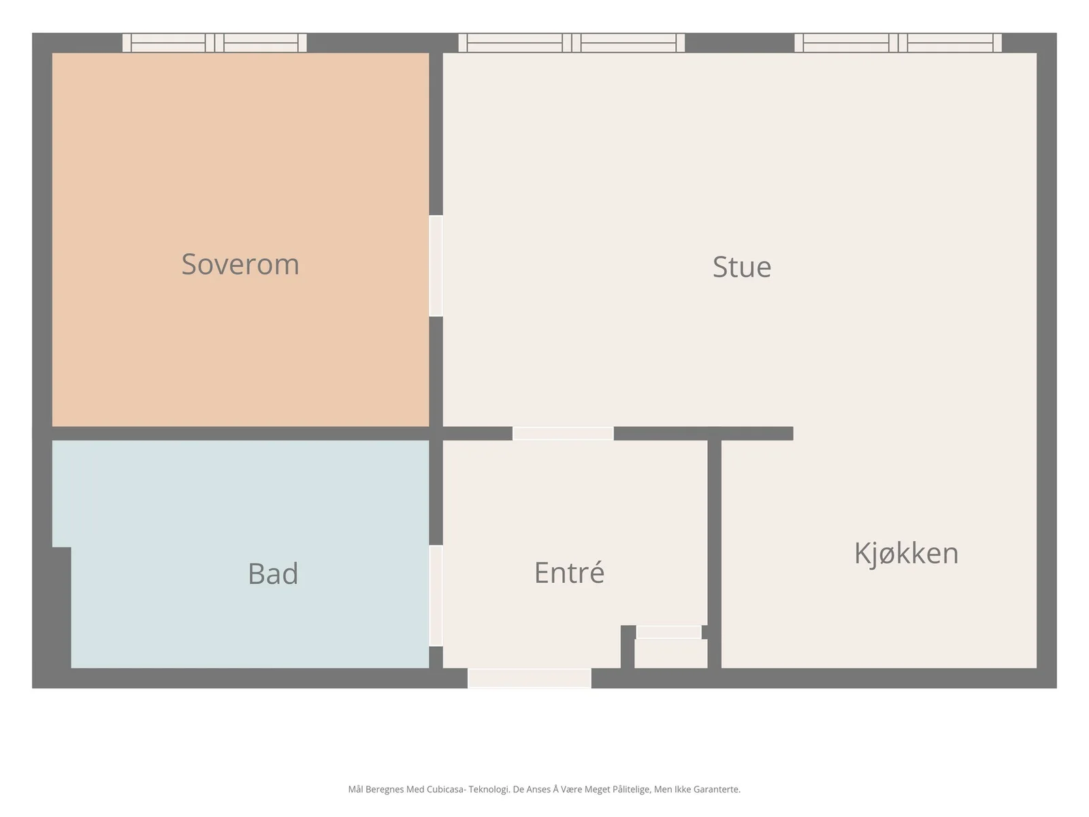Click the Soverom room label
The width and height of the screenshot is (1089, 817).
coord(240,264)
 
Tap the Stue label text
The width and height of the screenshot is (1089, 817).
coord(742,267)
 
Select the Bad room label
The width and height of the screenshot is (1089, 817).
coord(273,573)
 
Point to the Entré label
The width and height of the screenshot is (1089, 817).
coord(569,573)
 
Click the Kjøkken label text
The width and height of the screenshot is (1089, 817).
coord(906,553)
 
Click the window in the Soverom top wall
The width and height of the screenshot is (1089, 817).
coord(214,43)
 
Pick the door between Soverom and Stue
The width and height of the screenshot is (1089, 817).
coord(436,266)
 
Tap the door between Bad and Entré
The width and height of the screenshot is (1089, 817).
coord(436,596)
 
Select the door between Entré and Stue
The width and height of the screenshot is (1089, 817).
coord(563,433)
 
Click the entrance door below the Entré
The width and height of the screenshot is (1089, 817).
coord(530,677)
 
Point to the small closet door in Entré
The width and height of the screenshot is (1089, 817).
coord(669,632)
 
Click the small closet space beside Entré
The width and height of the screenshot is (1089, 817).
coord(671,654)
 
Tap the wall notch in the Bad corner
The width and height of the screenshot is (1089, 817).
coord(61,608)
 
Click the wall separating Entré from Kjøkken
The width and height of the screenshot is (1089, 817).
coord(715,554)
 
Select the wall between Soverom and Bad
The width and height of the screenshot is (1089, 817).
coord(241,433)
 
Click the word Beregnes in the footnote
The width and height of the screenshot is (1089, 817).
coord(385,789)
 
